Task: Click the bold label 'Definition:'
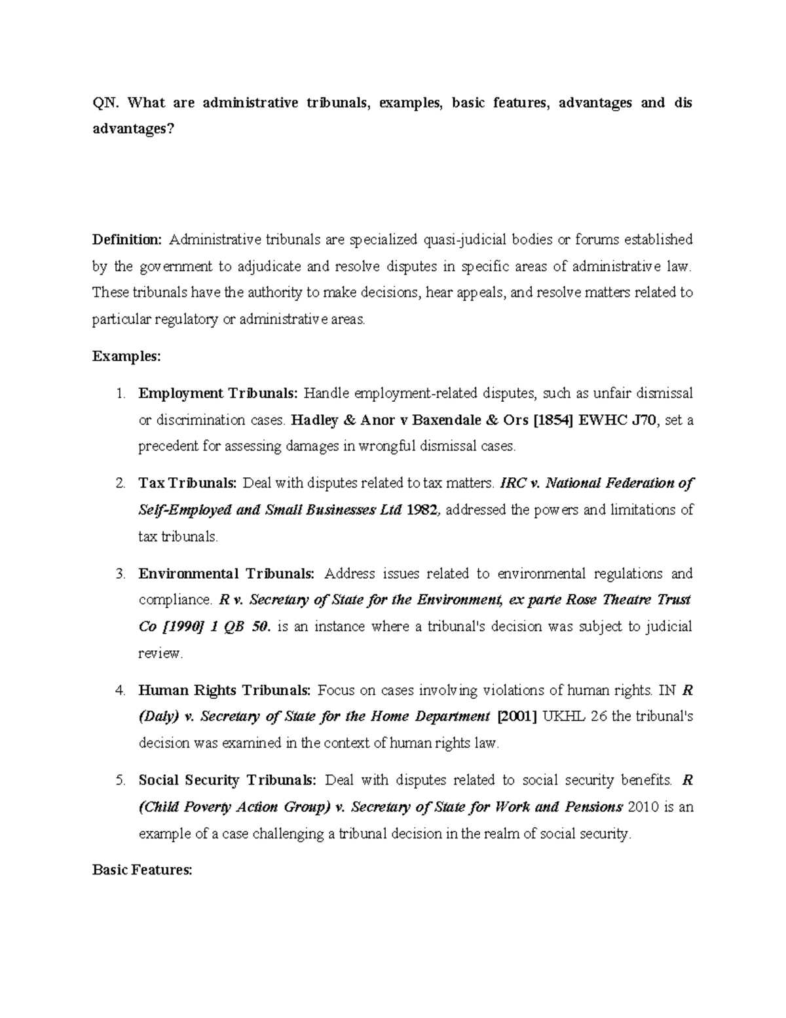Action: (x=126, y=240)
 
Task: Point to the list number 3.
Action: (x=120, y=574)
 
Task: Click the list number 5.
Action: (x=120, y=781)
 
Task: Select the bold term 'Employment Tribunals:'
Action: (x=218, y=393)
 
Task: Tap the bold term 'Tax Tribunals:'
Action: (x=187, y=484)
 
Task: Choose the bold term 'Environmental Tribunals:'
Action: (x=227, y=574)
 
